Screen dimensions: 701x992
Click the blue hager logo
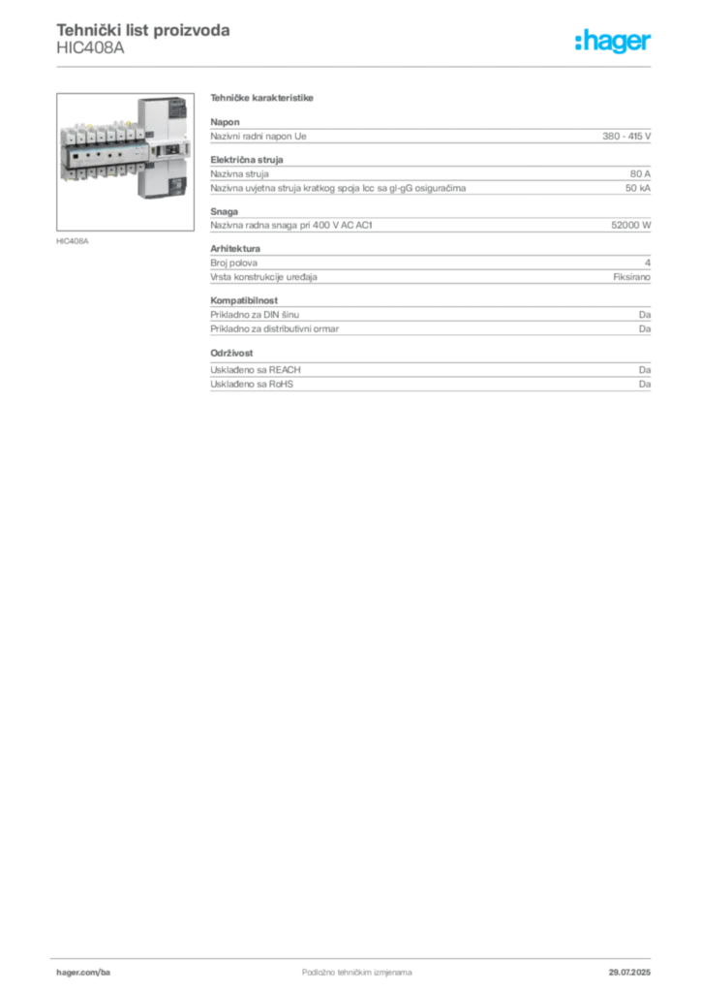614,42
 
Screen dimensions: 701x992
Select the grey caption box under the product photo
74,240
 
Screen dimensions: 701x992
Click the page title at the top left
143,31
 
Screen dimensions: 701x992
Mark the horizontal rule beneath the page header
355,66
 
